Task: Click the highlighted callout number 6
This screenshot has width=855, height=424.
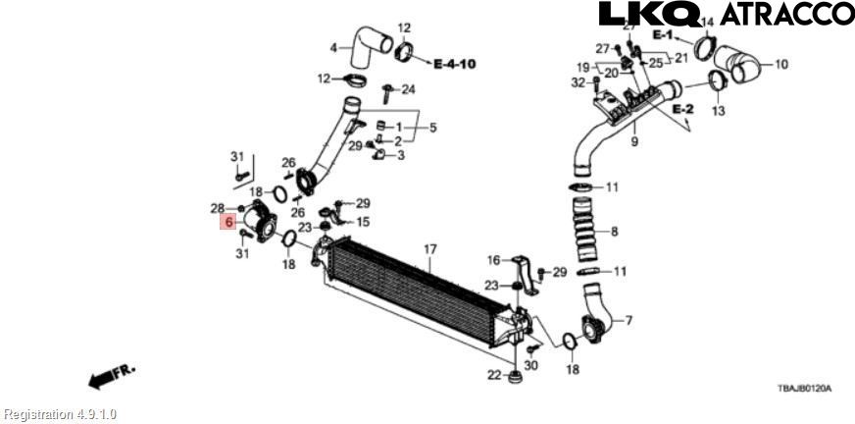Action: [x=227, y=223]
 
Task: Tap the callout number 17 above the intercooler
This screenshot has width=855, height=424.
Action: [x=428, y=249]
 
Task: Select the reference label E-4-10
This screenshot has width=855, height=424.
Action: [x=455, y=64]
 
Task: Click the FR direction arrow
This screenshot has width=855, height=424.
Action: [x=110, y=376]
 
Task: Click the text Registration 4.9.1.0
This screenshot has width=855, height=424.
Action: [x=60, y=414]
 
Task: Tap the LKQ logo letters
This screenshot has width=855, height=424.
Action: [x=649, y=14]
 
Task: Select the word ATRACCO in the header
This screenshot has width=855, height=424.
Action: [x=787, y=14]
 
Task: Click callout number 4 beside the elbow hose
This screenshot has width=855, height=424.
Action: [x=333, y=47]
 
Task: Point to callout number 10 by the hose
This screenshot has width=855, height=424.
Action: [x=781, y=66]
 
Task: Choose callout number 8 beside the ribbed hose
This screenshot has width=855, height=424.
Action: [x=614, y=232]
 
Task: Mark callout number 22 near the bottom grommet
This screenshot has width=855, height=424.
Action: [x=494, y=375]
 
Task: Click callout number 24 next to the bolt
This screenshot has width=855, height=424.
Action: [x=409, y=89]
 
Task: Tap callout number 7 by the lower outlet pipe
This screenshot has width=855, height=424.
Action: [x=629, y=320]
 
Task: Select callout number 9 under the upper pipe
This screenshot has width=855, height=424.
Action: [x=634, y=142]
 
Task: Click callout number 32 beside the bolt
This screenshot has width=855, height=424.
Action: [x=578, y=82]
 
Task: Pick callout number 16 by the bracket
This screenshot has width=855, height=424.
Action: [x=494, y=260]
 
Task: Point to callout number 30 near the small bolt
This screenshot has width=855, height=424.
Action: [x=531, y=365]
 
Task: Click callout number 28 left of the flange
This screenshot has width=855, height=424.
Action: [x=218, y=208]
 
